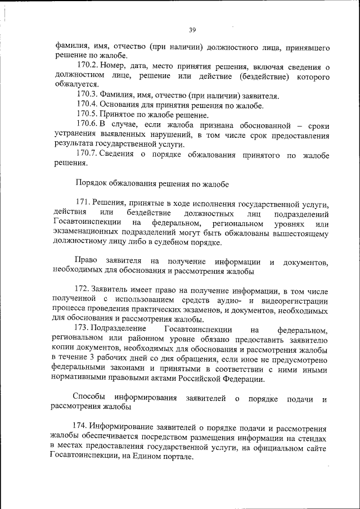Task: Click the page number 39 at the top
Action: pos(192,30)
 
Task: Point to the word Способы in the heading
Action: pos(90,398)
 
